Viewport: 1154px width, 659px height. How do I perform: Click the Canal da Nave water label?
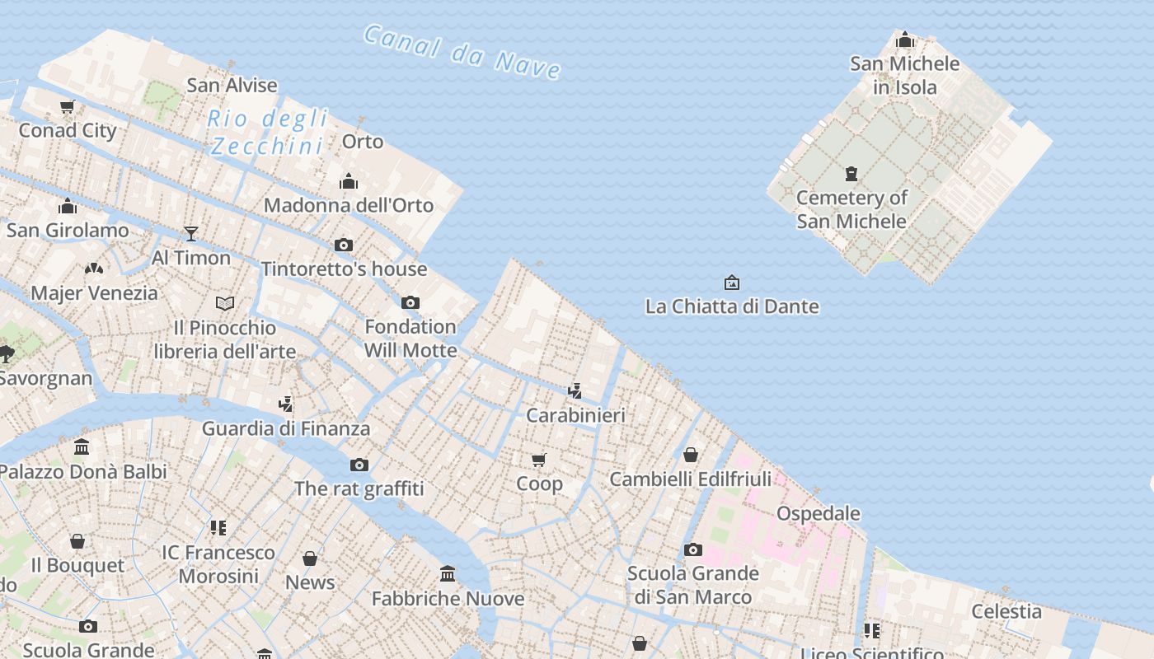click(462, 52)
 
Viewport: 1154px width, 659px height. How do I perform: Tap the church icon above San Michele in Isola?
click(905, 40)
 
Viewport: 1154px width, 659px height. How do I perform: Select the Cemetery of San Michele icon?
click(851, 174)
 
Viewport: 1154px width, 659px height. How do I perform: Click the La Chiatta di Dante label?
click(732, 306)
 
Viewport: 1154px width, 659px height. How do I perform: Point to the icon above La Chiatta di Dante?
click(731, 283)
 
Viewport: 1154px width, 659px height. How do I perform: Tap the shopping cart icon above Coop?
click(539, 460)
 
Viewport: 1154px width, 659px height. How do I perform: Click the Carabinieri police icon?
click(575, 390)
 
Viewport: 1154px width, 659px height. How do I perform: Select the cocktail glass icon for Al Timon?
click(191, 234)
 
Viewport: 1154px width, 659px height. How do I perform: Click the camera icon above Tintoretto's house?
click(344, 245)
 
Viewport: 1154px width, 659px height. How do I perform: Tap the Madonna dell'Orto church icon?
click(349, 181)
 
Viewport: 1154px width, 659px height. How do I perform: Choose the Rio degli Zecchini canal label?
click(267, 133)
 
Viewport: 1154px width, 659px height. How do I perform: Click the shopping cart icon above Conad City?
click(68, 106)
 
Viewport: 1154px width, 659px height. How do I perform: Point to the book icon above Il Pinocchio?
click(225, 303)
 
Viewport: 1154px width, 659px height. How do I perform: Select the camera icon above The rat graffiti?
click(359, 465)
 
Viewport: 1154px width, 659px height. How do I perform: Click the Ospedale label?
click(819, 513)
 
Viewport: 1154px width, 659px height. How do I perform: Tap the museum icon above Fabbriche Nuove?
click(448, 573)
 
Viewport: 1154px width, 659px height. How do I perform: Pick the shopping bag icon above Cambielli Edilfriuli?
click(691, 455)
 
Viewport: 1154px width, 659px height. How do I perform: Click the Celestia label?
click(1006, 611)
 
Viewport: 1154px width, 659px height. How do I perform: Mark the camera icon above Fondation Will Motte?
click(410, 302)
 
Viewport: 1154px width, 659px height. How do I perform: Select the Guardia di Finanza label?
click(286, 428)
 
